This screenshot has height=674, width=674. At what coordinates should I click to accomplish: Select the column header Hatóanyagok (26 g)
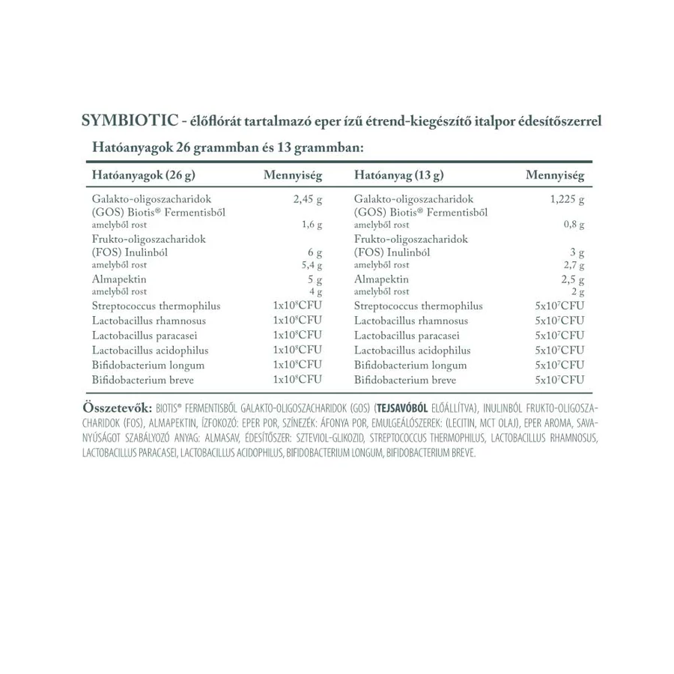(143, 176)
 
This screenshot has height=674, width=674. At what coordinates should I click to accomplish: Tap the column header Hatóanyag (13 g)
(398, 176)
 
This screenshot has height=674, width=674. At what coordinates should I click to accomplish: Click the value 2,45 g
(307, 200)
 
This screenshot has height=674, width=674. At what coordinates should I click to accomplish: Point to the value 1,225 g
(567, 200)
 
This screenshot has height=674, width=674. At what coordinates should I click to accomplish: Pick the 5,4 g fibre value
(312, 265)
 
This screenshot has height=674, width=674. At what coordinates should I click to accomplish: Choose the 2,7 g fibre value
(574, 265)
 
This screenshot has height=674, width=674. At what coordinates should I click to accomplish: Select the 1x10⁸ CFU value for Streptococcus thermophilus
(297, 306)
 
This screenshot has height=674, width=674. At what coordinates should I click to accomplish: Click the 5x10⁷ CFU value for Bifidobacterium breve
(560, 380)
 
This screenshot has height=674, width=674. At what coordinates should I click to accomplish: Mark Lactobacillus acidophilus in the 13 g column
(413, 350)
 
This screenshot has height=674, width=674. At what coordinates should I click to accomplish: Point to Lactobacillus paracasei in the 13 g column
(407, 336)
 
